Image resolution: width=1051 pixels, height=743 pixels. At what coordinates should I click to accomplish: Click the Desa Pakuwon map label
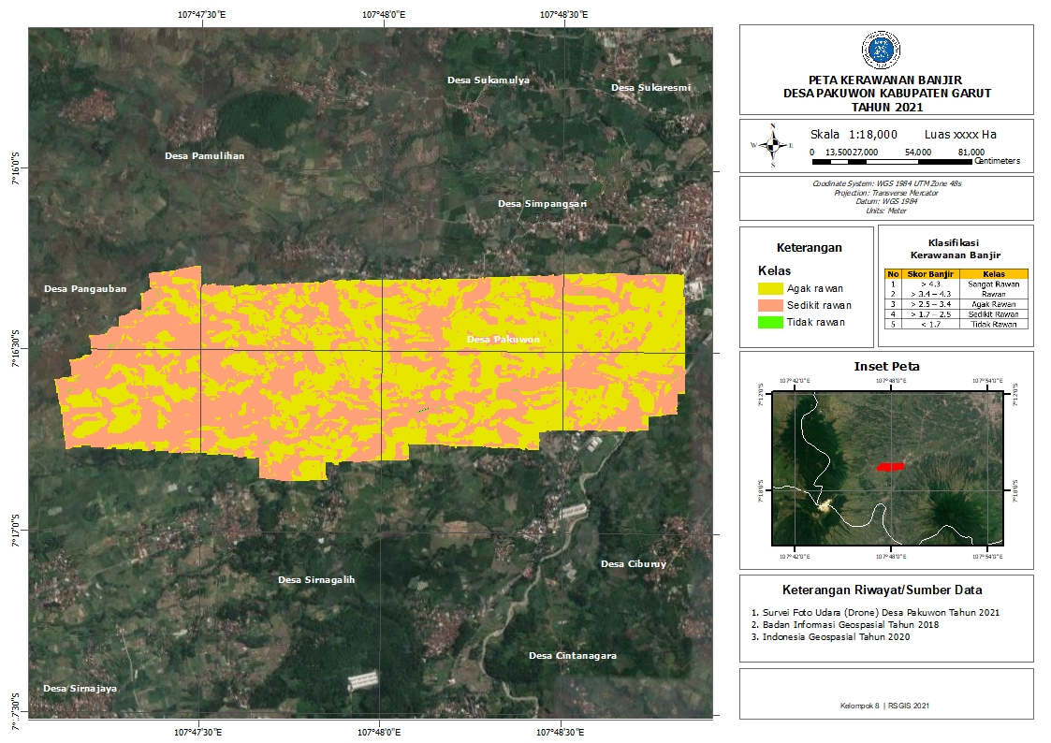503,340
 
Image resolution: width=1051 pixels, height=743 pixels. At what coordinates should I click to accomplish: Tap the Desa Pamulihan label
204,155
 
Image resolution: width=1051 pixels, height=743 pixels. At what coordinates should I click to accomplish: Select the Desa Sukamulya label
488,80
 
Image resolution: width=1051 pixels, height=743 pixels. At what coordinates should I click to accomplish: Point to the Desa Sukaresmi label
650,88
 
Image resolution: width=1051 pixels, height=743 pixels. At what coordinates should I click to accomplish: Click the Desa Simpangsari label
542,203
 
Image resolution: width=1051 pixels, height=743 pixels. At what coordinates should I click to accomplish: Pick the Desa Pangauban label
84,289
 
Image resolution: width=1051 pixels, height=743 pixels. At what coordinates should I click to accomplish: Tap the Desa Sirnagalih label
316,580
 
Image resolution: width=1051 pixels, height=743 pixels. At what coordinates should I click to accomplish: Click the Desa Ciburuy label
634,564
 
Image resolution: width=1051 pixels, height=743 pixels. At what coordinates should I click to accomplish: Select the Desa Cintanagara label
572,656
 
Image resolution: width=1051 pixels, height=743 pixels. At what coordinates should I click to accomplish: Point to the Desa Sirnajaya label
80,689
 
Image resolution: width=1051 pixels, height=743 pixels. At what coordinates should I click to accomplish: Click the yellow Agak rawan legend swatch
770,289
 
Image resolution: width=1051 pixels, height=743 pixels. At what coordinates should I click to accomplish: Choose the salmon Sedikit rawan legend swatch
770,305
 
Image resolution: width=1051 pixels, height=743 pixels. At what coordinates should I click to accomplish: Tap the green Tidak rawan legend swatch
770,322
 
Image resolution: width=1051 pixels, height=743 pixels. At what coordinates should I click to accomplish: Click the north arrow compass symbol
773,145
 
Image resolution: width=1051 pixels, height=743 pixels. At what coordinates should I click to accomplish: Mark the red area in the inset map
890,466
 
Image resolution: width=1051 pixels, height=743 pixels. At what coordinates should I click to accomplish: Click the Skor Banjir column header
930,274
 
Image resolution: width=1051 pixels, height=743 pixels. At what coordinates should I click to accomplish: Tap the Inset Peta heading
886,366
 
